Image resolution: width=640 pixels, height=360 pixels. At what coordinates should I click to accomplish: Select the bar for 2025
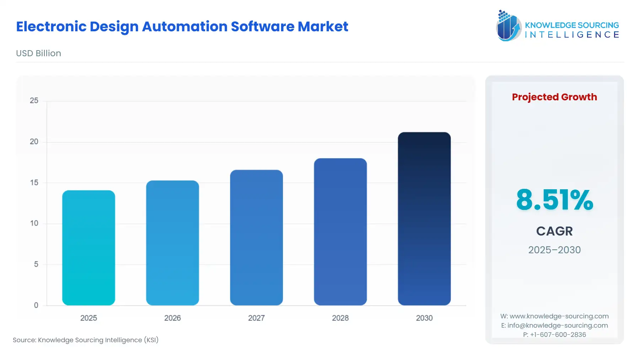[x=89, y=248]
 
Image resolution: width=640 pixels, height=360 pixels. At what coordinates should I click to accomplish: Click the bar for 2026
[x=172, y=243]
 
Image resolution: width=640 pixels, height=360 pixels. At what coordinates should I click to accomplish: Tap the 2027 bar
[x=256, y=238]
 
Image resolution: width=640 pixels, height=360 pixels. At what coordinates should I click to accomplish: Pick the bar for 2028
[x=340, y=232]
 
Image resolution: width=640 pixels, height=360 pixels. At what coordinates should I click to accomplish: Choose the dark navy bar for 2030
[x=424, y=219]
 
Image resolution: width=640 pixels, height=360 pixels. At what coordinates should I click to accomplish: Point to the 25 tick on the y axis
[x=34, y=101]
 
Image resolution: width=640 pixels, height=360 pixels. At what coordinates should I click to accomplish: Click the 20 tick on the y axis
[x=34, y=142]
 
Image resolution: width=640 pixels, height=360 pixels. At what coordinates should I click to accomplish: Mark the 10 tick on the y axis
[x=34, y=223]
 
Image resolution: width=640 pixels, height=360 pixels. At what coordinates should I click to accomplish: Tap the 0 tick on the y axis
[x=36, y=305]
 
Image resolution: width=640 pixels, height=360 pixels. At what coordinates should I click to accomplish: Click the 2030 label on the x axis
[x=424, y=318]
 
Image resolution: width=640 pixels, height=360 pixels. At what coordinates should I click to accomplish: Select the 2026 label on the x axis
[x=172, y=318]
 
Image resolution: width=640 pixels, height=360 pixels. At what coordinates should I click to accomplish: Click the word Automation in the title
[x=185, y=27]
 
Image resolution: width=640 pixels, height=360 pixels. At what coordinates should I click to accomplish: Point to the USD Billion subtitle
[x=38, y=53]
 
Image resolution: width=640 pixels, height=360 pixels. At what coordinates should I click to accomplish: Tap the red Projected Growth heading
[x=554, y=97]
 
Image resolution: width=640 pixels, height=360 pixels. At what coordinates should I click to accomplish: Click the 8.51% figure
[x=554, y=200]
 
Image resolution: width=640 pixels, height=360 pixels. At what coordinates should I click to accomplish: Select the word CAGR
[x=554, y=231]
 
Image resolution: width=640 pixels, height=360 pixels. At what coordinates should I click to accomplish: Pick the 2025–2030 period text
[x=554, y=250]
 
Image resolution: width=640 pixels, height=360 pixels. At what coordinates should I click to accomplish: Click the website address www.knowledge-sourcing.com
[x=559, y=316]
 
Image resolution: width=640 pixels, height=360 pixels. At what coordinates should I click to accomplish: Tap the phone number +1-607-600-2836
[x=558, y=335]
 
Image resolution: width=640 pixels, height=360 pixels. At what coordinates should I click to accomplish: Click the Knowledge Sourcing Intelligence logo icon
[x=508, y=26]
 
